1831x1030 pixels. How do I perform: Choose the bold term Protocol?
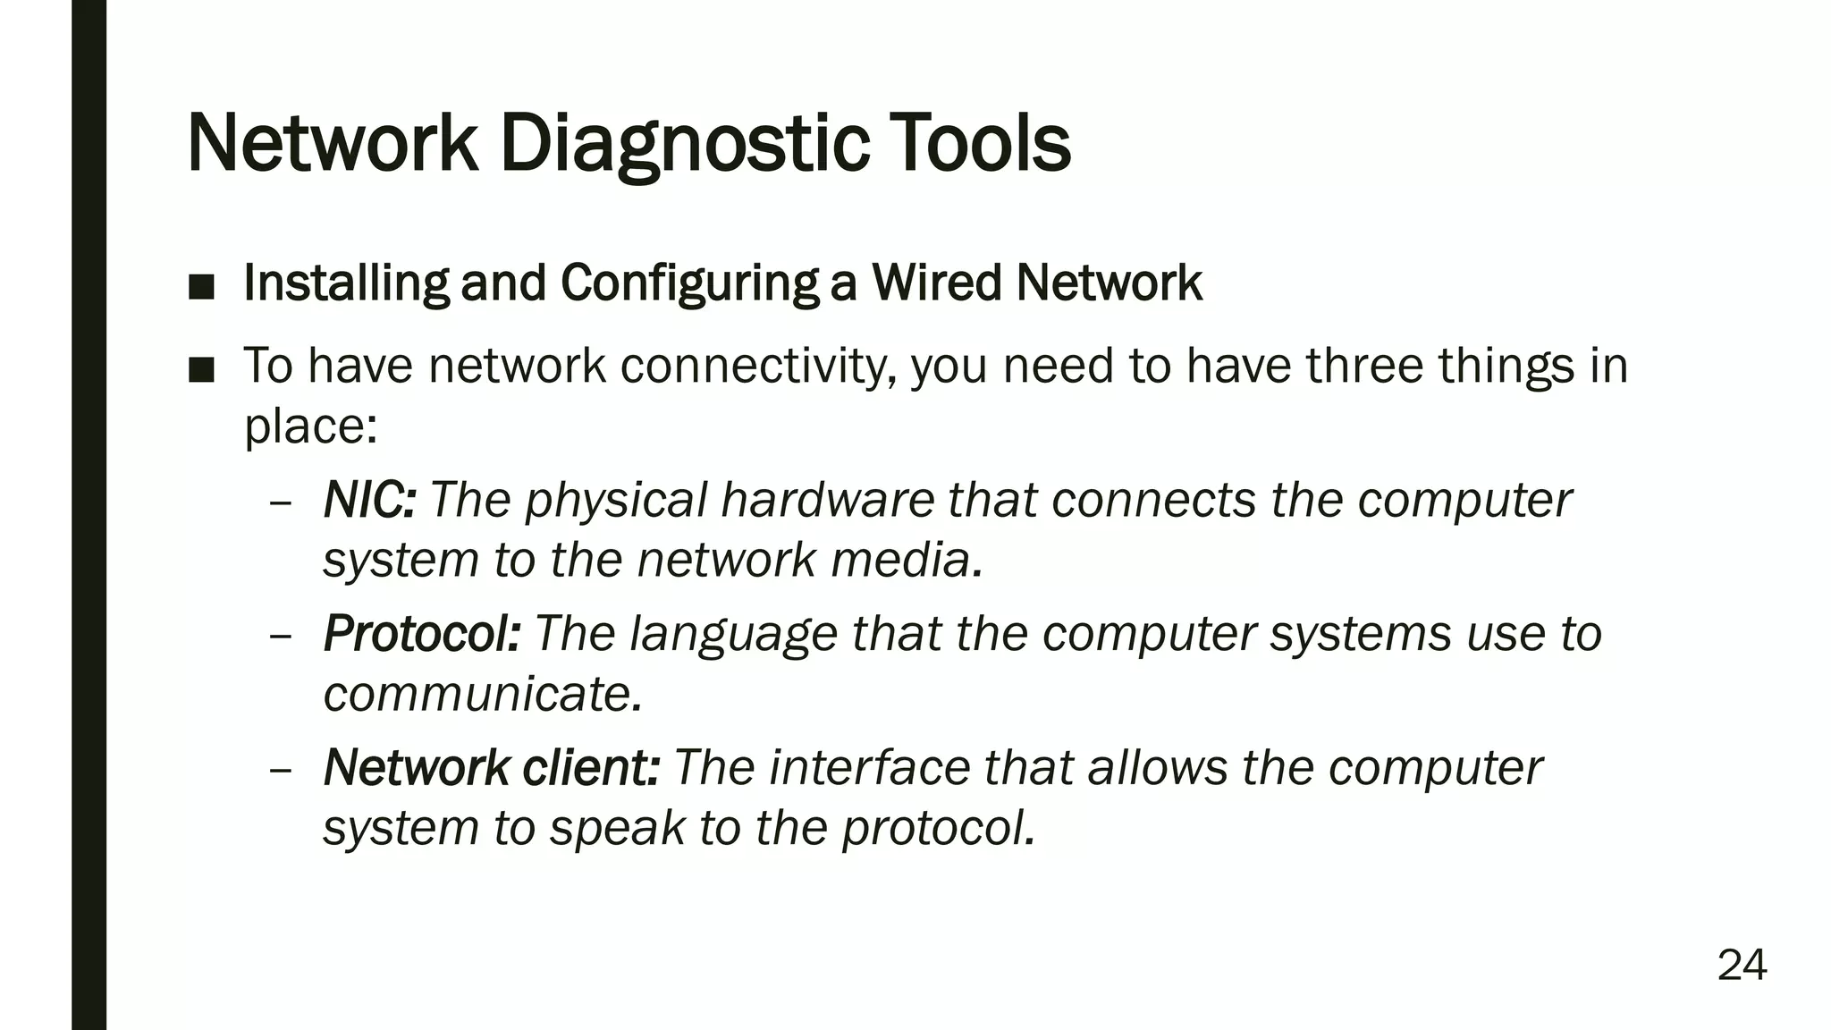point(421,634)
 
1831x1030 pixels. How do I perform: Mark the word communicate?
point(482,695)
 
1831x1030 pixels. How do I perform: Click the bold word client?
point(591,767)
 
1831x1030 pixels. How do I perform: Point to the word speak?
point(617,828)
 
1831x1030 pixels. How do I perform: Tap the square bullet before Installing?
point(202,286)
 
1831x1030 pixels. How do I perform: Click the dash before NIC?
point(280,502)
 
